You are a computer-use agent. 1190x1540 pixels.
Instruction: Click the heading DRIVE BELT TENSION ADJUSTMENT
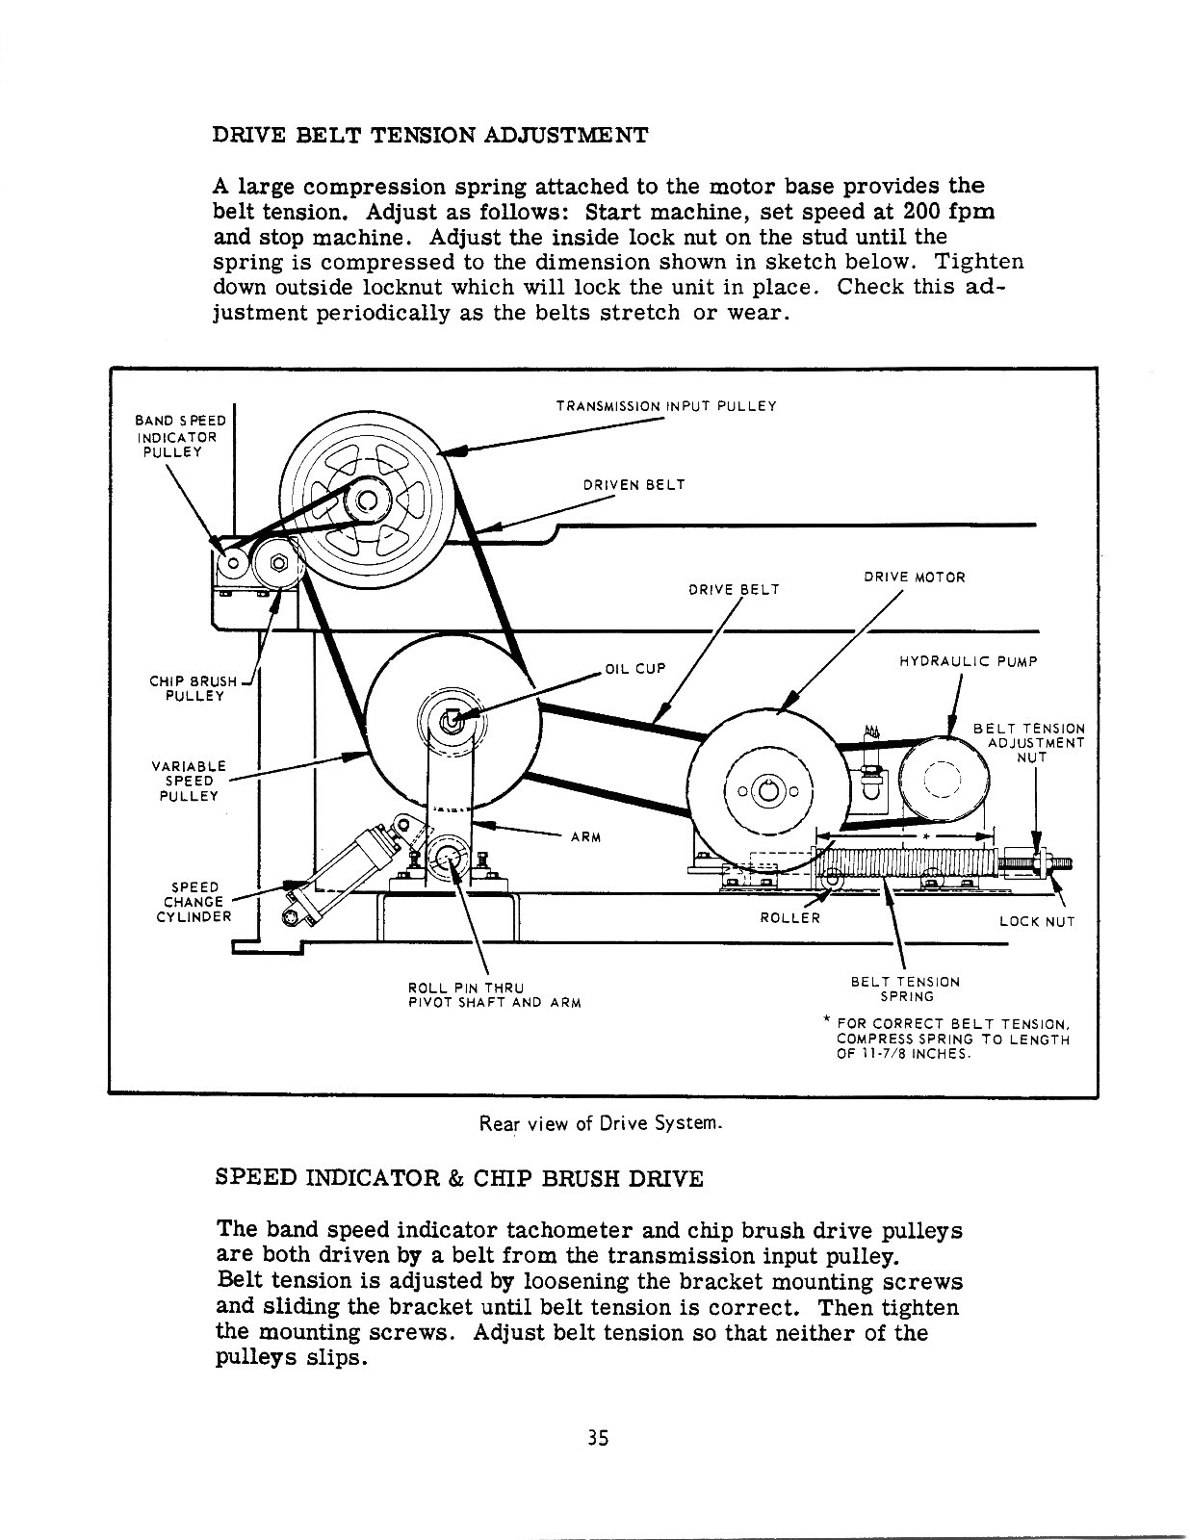(x=428, y=134)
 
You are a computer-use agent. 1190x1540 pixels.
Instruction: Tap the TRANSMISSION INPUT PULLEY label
(x=665, y=406)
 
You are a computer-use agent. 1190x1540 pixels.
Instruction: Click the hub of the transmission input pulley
(x=366, y=500)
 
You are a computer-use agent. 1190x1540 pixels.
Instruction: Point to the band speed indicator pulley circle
(x=233, y=564)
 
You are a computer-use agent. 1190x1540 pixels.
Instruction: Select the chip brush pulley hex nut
(x=277, y=564)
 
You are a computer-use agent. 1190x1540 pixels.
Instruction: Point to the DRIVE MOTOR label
(x=914, y=577)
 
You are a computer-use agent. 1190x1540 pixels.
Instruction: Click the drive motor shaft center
(x=767, y=790)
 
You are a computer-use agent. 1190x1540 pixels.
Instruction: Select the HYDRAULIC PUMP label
(x=968, y=661)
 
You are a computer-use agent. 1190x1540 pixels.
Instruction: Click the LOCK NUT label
(x=1036, y=921)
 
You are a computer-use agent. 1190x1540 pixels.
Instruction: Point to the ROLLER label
(x=789, y=917)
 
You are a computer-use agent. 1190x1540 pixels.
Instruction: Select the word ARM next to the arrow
(x=585, y=836)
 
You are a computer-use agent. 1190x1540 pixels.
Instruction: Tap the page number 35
(x=598, y=1438)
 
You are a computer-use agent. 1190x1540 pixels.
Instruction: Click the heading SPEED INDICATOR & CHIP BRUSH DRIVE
(x=459, y=1178)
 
